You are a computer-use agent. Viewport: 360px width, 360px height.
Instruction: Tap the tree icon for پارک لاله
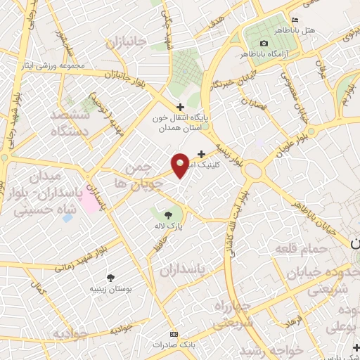click(168, 216)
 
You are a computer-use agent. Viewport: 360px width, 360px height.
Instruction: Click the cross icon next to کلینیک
click(202, 154)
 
